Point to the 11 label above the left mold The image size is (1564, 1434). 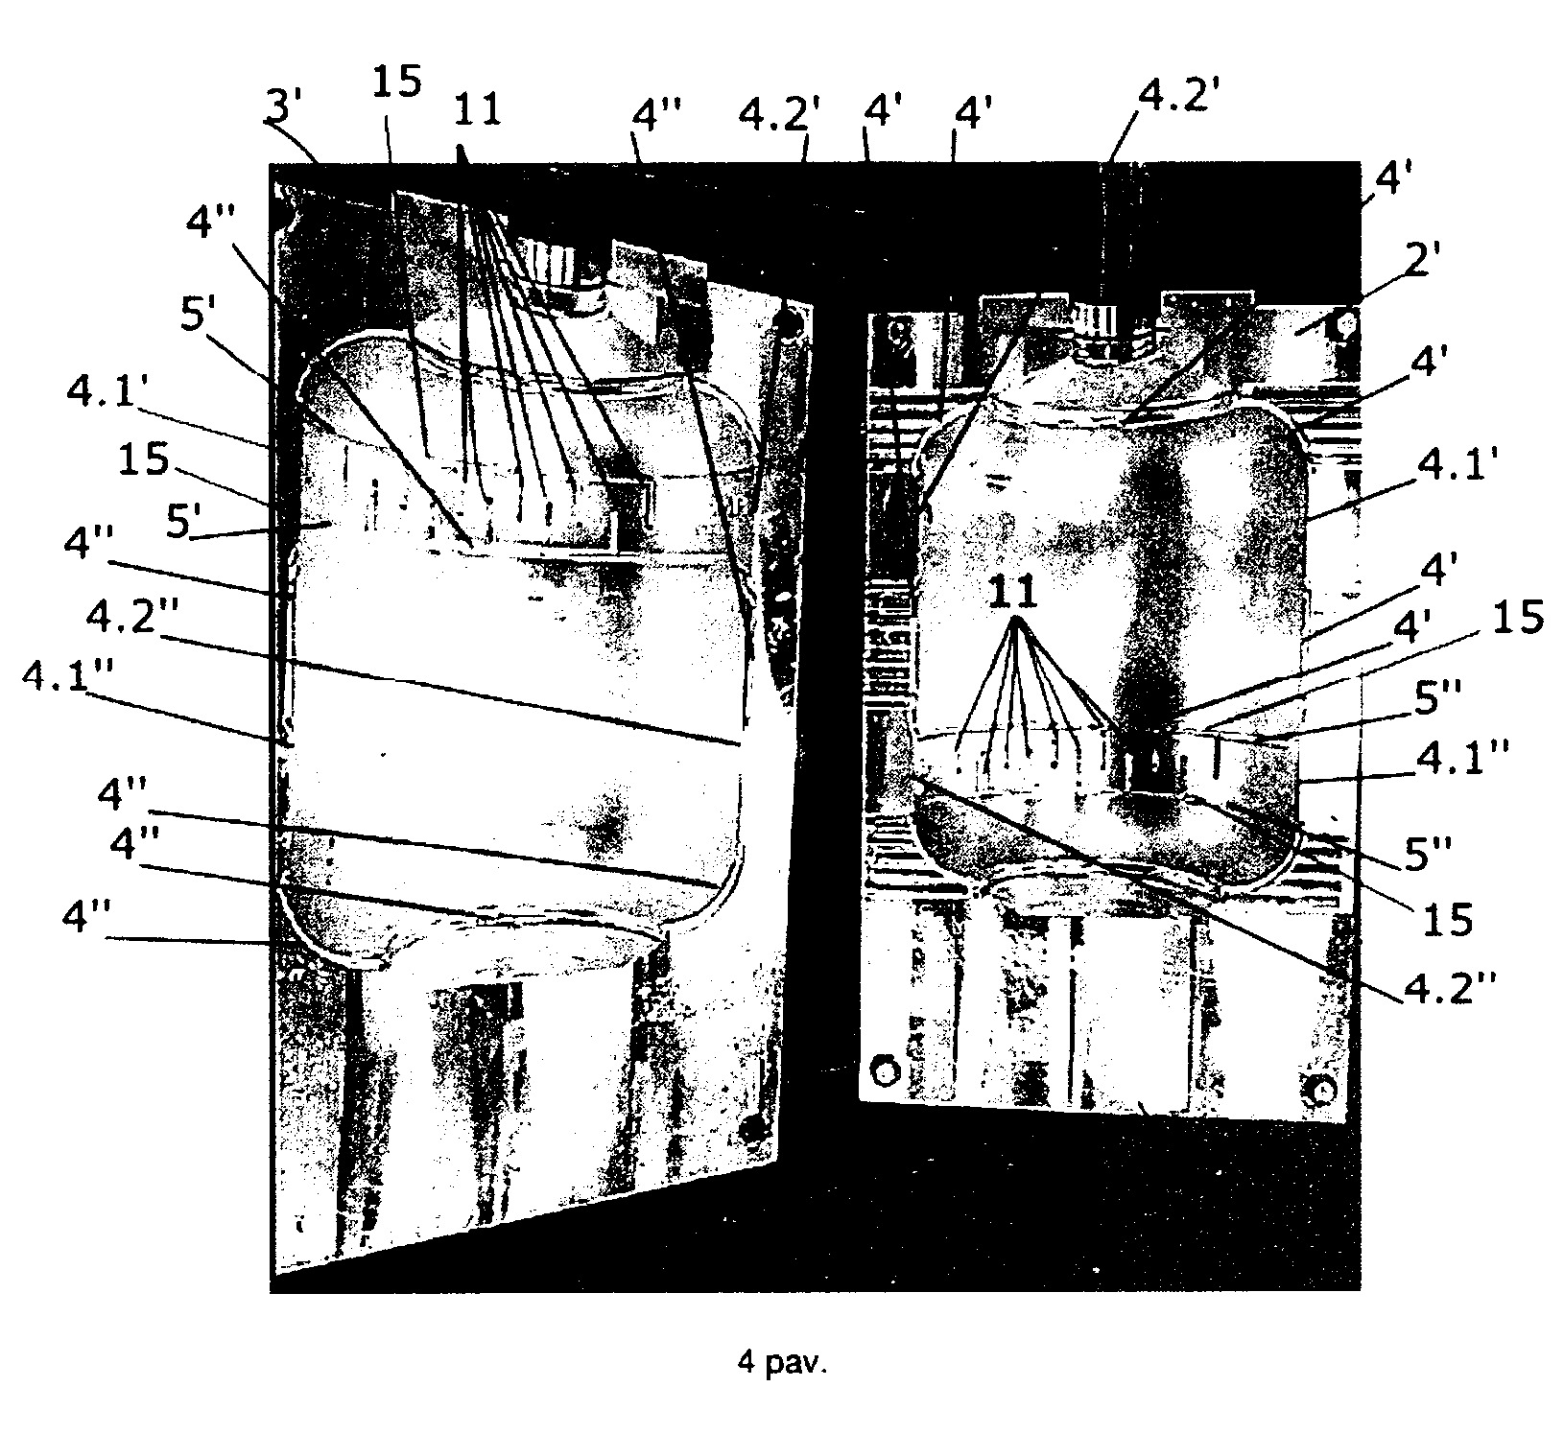click(x=477, y=110)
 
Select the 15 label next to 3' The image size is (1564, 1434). click(x=395, y=82)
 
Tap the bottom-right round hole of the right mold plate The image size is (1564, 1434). click(x=1322, y=1091)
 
